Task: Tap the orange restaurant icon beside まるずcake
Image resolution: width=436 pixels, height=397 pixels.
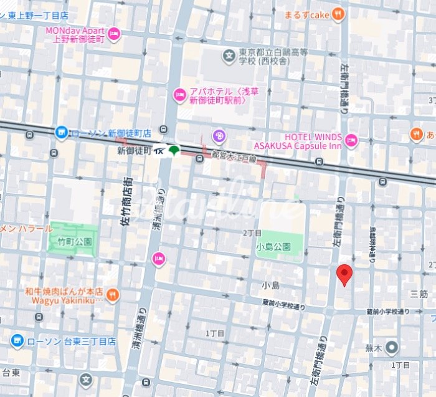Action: [337, 13]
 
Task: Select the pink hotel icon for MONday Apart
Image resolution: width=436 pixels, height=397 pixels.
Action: [113, 35]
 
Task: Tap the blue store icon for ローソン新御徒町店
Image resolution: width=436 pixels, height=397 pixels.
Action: [61, 132]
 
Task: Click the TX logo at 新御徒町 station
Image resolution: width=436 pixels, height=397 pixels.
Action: [159, 151]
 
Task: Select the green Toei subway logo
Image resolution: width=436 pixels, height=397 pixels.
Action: [175, 151]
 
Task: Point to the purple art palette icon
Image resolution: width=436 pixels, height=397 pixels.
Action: [218, 135]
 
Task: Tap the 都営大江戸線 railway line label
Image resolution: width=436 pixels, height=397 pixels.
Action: [234, 160]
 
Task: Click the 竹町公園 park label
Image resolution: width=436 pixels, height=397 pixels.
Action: [75, 241]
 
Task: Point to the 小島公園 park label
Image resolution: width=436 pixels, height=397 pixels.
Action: [273, 246]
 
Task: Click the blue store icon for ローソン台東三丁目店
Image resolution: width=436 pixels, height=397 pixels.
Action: [17, 341]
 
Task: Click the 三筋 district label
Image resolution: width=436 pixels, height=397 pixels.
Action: [419, 293]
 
